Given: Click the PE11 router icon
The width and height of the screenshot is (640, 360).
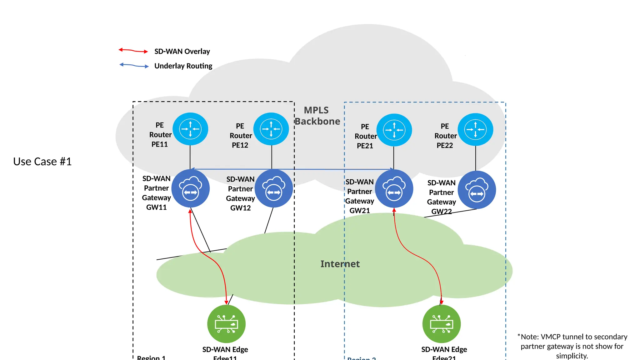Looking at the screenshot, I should click(190, 129).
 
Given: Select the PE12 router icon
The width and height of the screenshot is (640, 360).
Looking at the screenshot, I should click(271, 129).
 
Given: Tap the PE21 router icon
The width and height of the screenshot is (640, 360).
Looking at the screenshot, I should click(394, 130).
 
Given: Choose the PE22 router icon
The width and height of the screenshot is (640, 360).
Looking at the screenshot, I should click(475, 129).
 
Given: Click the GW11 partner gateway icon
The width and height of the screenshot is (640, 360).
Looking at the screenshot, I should click(190, 188).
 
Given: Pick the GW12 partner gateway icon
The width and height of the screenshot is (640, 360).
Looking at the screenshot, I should click(274, 188).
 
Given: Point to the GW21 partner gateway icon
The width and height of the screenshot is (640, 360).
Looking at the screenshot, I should click(394, 189).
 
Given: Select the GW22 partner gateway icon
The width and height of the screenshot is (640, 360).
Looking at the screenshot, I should click(477, 190).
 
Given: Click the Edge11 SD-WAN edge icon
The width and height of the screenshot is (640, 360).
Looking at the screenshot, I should click(226, 324).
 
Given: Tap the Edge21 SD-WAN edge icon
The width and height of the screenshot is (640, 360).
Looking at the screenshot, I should click(441, 324).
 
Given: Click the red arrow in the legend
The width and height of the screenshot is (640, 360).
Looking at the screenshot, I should click(133, 51).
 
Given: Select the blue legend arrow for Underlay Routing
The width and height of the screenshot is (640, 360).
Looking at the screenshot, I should click(134, 65).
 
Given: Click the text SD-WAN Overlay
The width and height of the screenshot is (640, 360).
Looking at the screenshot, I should click(182, 51).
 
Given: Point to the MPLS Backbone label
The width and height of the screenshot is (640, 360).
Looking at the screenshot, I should click(317, 116).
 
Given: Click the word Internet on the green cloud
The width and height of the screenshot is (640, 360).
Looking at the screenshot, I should click(340, 264).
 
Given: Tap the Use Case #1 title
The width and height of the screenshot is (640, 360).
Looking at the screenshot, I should click(42, 162).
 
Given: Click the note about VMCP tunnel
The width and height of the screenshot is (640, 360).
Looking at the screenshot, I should click(572, 346).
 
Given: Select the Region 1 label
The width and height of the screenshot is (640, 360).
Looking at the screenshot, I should click(151, 357).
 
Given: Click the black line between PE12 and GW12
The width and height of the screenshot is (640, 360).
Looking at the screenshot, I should click(272, 157).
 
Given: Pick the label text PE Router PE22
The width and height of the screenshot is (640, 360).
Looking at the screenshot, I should click(445, 136).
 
